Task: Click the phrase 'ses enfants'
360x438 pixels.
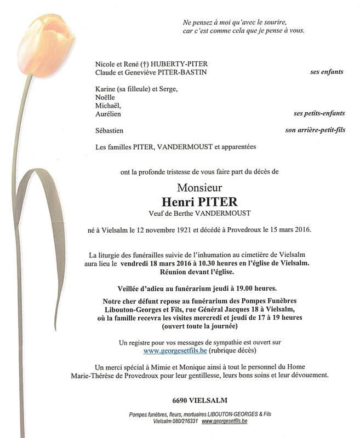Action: [327, 72]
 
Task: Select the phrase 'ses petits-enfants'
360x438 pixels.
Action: [319, 113]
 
